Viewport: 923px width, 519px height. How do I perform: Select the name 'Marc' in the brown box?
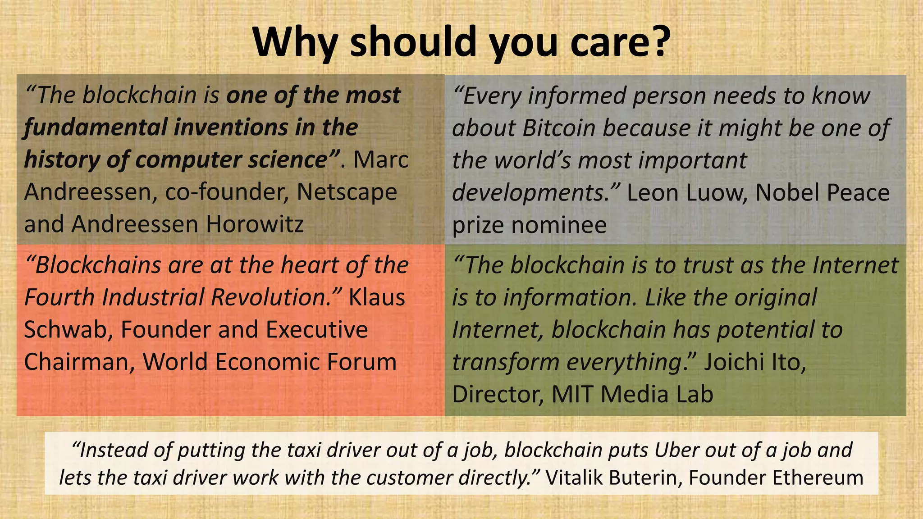tap(381, 160)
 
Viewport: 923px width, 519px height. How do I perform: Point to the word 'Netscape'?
tap(347, 192)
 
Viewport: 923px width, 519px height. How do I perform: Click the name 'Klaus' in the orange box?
tap(377, 297)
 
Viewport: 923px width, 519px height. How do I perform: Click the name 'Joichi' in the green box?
tap(731, 362)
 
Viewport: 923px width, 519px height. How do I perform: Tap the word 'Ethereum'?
tap(818, 478)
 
